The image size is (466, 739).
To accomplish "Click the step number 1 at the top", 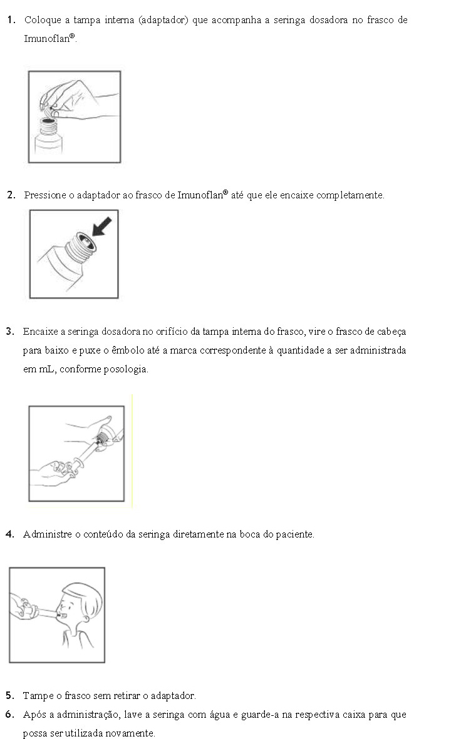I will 11,20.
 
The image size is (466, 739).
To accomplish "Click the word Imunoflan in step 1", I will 46,39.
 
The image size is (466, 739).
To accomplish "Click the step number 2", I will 11,195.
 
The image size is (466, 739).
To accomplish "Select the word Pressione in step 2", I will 44,195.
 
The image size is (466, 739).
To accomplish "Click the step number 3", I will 10,332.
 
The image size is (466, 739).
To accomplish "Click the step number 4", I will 10,534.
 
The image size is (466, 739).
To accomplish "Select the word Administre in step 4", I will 44,534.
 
